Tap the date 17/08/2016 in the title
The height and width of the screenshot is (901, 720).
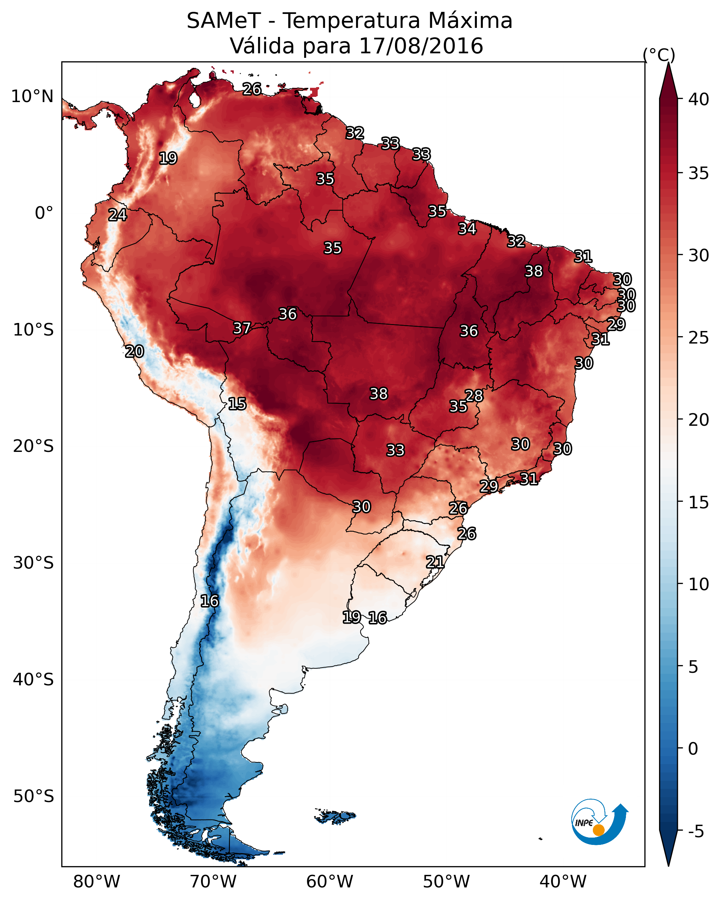(x=421, y=46)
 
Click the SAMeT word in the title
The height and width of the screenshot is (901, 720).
(x=224, y=21)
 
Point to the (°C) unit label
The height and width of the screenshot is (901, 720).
(x=659, y=55)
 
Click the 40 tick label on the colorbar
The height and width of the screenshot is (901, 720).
(x=699, y=99)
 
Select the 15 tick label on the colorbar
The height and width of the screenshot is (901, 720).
(x=699, y=502)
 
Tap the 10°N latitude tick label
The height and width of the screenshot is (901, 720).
(x=32, y=97)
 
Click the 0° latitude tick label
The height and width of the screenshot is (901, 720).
(x=44, y=213)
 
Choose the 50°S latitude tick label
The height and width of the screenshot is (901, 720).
(x=33, y=796)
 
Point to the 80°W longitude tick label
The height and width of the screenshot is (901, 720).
(x=96, y=881)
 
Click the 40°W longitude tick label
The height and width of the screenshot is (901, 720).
(x=563, y=881)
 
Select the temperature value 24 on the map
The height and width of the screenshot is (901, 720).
(x=117, y=215)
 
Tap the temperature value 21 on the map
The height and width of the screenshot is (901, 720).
(x=435, y=562)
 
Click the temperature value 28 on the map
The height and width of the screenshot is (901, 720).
(x=474, y=395)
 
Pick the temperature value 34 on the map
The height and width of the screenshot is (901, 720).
(x=467, y=229)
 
